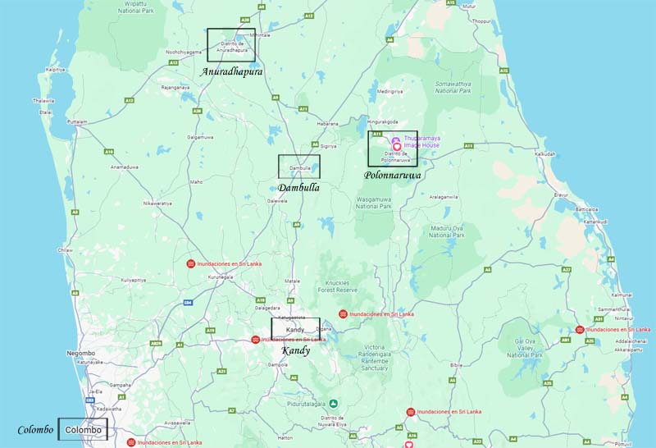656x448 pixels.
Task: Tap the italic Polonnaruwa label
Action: pos(393,175)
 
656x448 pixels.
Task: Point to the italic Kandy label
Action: pos(296,350)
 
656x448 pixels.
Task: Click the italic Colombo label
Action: pos(36,430)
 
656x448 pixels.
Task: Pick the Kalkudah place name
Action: pos(544,153)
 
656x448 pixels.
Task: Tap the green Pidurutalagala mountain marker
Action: pos(334,403)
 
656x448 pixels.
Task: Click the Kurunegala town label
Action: pos(221,277)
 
